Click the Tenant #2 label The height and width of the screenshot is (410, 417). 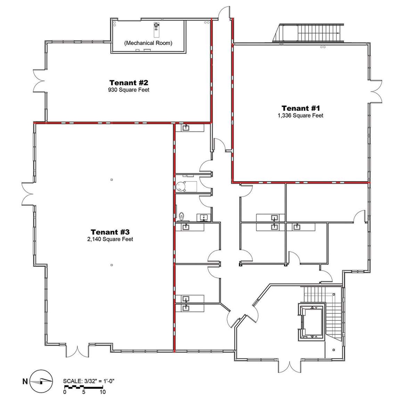pos(129,83)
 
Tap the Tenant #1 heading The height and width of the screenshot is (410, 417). pos(301,108)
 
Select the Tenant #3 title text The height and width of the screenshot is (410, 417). pos(110,232)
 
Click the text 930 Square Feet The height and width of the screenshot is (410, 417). pos(129,90)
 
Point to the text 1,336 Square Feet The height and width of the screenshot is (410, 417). pos(301,116)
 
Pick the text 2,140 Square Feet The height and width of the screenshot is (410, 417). pos(110,239)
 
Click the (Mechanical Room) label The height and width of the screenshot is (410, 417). pos(148,43)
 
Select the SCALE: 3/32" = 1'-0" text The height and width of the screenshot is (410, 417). pos(89,381)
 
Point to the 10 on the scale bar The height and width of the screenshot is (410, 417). pos(103,392)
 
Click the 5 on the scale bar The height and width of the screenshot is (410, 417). pos(84,392)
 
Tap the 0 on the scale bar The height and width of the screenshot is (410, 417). pos(65,392)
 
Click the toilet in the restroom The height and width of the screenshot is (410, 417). pos(182,216)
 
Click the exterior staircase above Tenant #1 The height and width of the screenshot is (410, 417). pos(308,33)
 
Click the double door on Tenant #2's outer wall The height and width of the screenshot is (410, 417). pos(39,81)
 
